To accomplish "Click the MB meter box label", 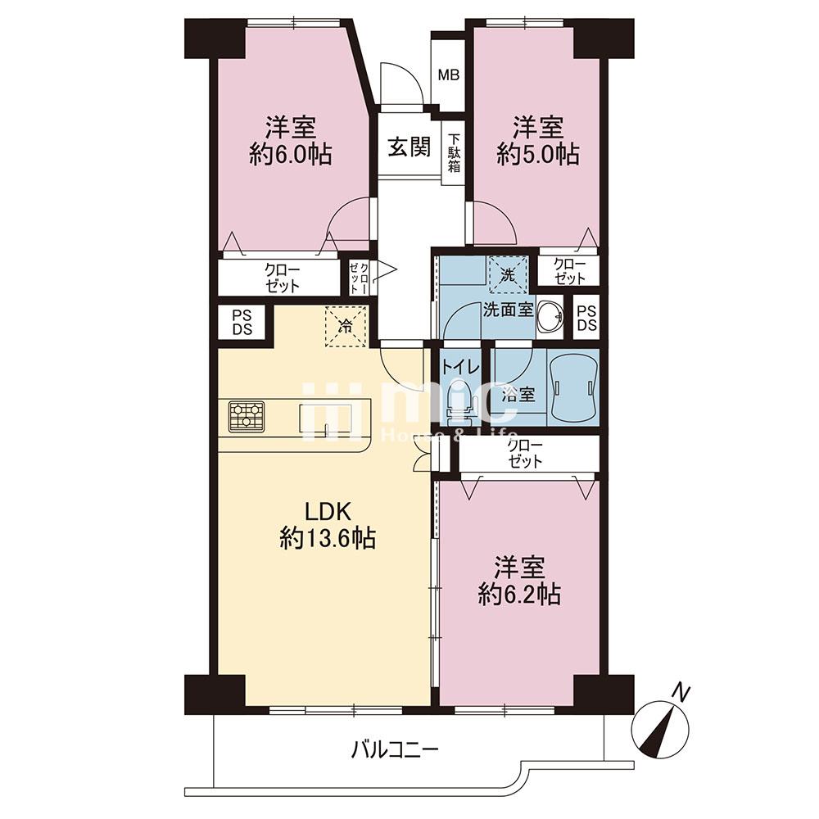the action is tap(448, 75).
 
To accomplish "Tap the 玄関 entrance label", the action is tap(409, 147).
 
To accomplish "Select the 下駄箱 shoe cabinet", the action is tap(454, 154).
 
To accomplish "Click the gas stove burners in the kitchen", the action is tap(247, 416).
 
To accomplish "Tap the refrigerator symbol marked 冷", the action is tap(346, 327).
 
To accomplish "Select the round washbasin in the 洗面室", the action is tap(550, 316).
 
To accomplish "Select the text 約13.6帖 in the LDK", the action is tap(328, 537).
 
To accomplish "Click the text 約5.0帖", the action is tap(537, 155).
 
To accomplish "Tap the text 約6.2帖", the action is tap(520, 595).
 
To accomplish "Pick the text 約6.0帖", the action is tap(291, 154).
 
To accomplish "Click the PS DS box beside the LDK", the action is tap(242, 322).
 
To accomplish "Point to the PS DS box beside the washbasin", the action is tap(586, 318).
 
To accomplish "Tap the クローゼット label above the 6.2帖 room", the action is tap(526, 454).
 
